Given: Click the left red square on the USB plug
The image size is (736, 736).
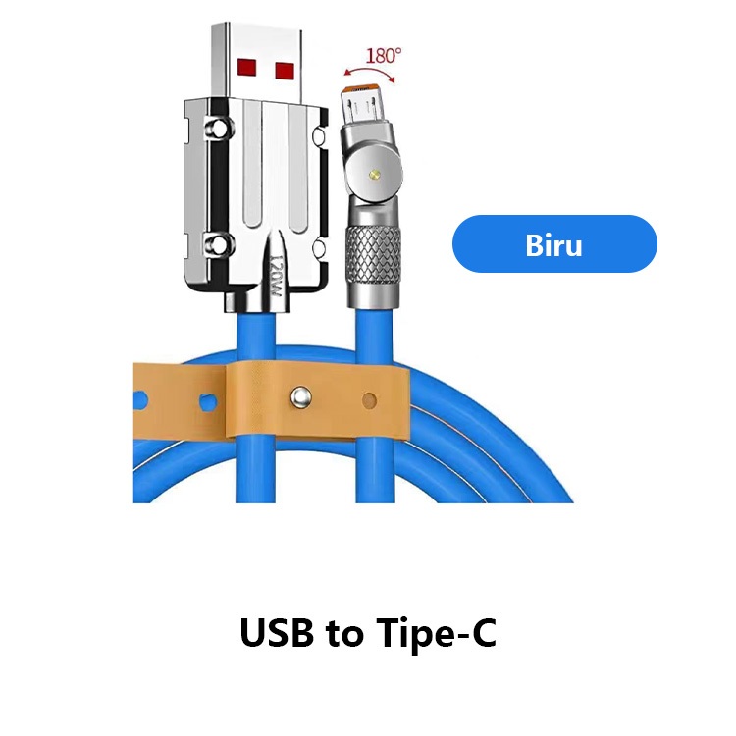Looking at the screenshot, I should click(x=248, y=68).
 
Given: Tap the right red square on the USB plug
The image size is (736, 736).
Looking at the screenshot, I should click(x=286, y=70).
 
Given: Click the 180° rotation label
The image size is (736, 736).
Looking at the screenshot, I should click(x=383, y=55).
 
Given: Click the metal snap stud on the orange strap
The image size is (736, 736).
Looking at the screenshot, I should click(x=299, y=398).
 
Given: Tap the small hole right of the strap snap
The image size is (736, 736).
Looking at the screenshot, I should click(x=369, y=399).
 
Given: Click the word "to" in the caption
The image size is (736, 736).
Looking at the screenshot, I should click(x=344, y=636).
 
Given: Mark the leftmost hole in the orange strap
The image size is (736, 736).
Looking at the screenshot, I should click(x=141, y=400).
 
